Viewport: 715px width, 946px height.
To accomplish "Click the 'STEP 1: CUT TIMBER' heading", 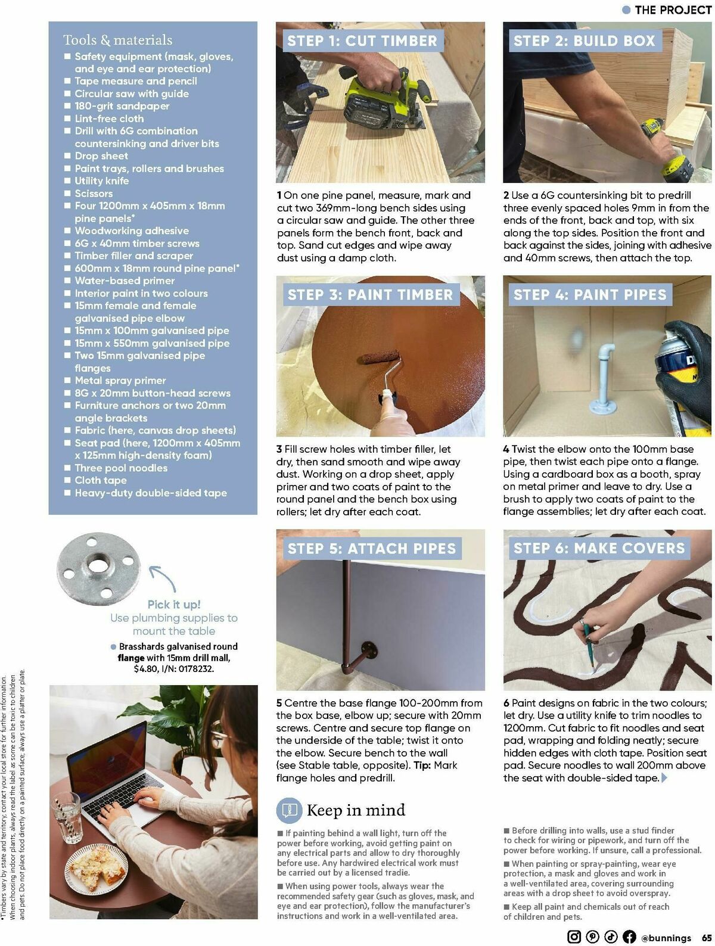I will coord(362,41).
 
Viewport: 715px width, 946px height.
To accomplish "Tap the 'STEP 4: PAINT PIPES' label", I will coord(589,295).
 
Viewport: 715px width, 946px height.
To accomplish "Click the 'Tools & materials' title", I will coord(118,40).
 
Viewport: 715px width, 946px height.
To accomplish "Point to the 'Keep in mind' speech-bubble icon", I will coord(289,810).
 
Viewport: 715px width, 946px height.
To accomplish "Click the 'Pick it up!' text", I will coord(174,604).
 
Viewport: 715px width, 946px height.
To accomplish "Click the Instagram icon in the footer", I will coord(574,937).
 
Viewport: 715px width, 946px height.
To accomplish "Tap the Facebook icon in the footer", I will coord(629,937).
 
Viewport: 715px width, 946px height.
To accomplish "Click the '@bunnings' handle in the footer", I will coord(667,938).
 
